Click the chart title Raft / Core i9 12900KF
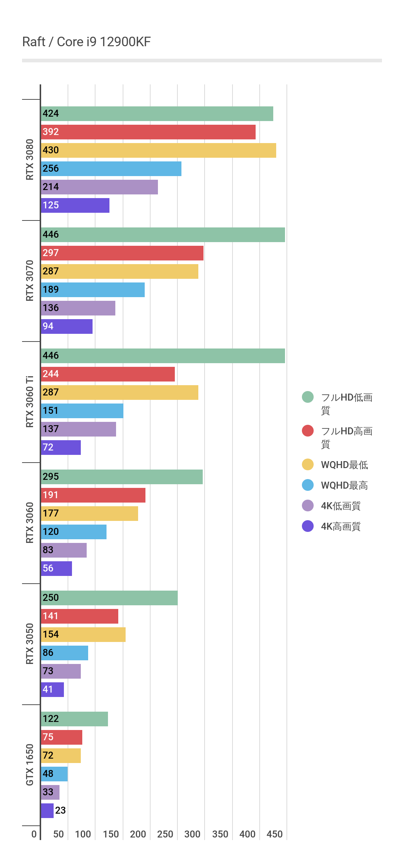[86, 42]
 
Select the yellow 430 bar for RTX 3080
[158, 150]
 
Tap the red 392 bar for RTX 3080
[148, 132]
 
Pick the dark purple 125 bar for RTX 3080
[75, 205]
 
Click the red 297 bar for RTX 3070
[122, 253]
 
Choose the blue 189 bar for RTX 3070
[93, 290]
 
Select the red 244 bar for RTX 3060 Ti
[108, 374]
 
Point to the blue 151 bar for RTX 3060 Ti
[82, 411]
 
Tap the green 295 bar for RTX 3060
[122, 477]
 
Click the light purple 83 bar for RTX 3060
[64, 550]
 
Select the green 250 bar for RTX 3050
[109, 598]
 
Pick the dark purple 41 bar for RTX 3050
[52, 690]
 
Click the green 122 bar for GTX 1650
[74, 719]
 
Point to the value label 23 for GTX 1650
[60, 810]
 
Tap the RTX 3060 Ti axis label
[30, 402]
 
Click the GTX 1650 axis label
[30, 765]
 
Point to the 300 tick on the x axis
[192, 834]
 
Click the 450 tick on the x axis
[274, 834]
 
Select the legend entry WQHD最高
[344, 485]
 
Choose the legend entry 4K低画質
[340, 506]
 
